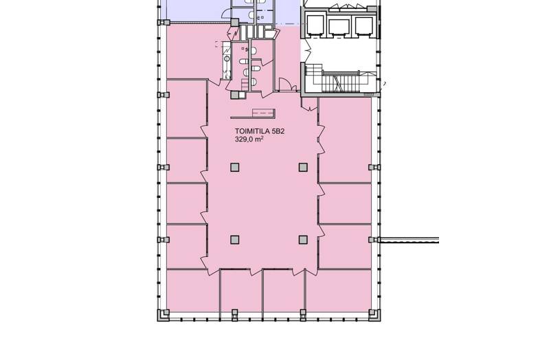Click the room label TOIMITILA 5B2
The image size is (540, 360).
click(260, 131)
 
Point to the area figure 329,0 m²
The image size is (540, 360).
click(249, 139)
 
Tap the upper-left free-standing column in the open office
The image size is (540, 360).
click(235, 168)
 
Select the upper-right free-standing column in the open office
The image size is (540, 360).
click(303, 168)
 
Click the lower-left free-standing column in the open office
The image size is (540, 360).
click(235, 240)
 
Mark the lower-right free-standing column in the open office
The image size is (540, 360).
click(303, 240)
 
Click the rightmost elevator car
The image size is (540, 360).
click(364, 26)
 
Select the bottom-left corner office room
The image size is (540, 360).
click(193, 291)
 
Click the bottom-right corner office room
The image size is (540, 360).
click(339, 291)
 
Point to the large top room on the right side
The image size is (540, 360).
click(345, 140)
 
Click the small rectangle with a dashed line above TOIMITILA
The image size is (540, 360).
click(264, 113)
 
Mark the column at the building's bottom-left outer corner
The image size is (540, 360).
click(164, 315)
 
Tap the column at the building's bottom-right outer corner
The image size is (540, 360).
click(374, 315)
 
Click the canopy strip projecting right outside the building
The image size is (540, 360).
click(409, 240)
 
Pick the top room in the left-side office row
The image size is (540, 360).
click(187, 108)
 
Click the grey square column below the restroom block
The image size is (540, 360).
click(235, 95)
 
